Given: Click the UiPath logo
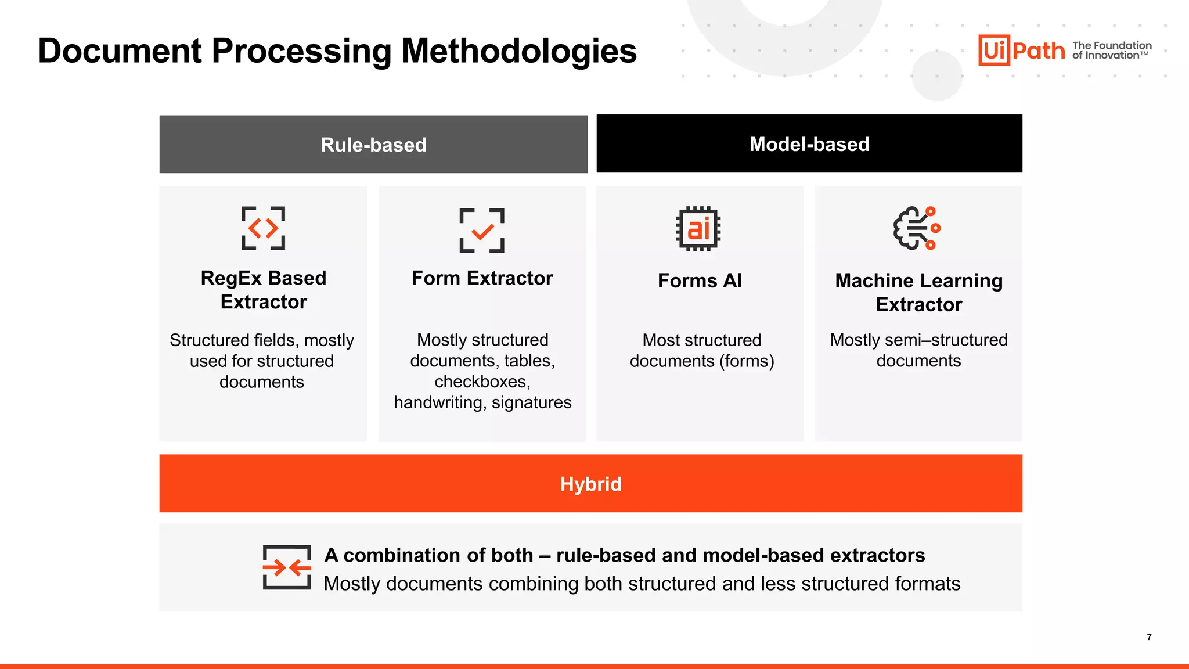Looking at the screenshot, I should coord(1022,51).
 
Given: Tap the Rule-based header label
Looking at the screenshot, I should coord(373,145).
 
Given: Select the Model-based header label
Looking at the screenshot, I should coord(809,144).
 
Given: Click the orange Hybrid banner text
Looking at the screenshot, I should coord(590,484).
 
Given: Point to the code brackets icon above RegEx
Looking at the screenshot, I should coord(263,228).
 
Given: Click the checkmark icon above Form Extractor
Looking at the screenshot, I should coord(482,231).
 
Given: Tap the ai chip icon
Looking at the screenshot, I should coord(698,228).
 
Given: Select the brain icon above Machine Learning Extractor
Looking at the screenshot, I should coord(917,228).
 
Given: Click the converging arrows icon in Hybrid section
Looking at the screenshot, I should coord(287,567).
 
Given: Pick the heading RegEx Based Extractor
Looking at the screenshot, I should coord(264,290).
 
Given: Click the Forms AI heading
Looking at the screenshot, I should coord(700,280).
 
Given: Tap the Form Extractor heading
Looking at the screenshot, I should coord(482,278).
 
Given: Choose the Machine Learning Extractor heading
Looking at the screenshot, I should coord(918,292).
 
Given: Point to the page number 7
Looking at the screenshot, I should coord(1149,637).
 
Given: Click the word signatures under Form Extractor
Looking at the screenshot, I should coord(531,402).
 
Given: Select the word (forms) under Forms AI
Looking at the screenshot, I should coord(747,361).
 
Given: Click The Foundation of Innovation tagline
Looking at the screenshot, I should coord(1111,51).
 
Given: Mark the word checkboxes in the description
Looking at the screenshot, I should coord(481,382).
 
